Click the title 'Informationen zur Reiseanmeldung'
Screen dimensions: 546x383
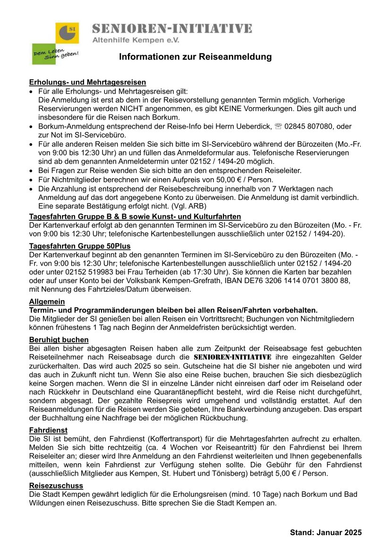coord(196,57)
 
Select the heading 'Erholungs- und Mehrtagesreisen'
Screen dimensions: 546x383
coord(87,83)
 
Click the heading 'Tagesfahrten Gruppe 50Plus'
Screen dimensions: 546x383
coord(80,246)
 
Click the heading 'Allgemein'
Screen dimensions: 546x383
coord(47,302)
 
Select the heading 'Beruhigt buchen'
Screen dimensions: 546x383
coord(59,340)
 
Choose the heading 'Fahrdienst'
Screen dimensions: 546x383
coord(48,430)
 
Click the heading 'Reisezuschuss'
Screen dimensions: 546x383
coord(56,485)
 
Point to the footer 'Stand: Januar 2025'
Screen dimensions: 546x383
coord(326,532)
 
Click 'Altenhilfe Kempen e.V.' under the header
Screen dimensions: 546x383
coord(136,41)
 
